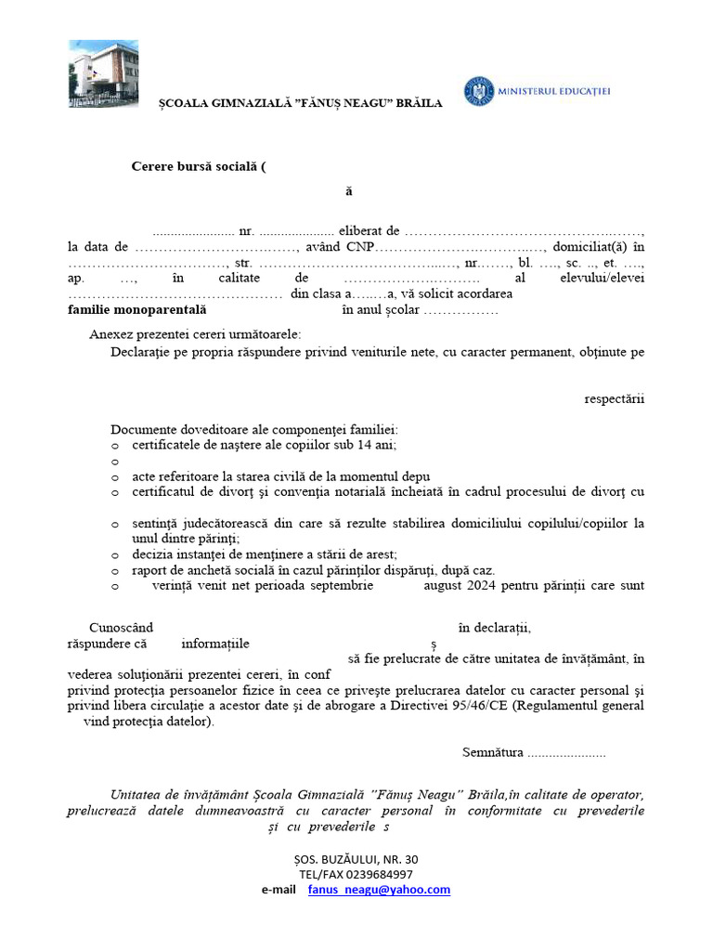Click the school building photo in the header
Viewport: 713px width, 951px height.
tap(103, 73)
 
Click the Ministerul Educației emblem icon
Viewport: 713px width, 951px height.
tap(480, 90)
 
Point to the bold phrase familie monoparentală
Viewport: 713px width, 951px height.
tap(137, 310)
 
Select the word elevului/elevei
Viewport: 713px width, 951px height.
tap(603, 278)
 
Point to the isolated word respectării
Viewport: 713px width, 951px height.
tap(614, 399)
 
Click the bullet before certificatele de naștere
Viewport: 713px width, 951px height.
tap(114, 445)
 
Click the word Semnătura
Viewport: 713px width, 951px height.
tap(492, 752)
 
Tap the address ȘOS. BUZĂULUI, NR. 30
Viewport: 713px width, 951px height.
tap(356, 859)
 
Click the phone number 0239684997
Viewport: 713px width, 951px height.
tap(382, 874)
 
